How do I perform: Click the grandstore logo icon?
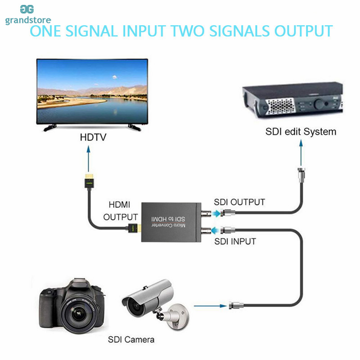pos(27,9)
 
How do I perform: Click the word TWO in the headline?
pos(187,31)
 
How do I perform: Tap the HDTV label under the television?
pos(93,137)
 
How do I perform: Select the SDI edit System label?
pos(301,132)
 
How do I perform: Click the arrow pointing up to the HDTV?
pos(88,159)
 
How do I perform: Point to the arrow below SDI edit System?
pos(301,153)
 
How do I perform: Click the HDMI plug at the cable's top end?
pos(89,181)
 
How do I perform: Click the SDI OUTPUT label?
pos(239,202)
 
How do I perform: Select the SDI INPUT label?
pos(235,242)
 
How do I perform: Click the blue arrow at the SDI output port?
pos(216,213)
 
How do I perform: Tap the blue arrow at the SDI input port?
pos(215,230)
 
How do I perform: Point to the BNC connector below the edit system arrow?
pos(301,175)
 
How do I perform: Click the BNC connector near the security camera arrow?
pos(236,306)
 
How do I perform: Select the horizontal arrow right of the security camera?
pos(210,306)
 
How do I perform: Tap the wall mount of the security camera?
pos(178,317)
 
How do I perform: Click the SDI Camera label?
pos(131,340)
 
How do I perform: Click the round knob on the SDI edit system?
pos(319,103)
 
